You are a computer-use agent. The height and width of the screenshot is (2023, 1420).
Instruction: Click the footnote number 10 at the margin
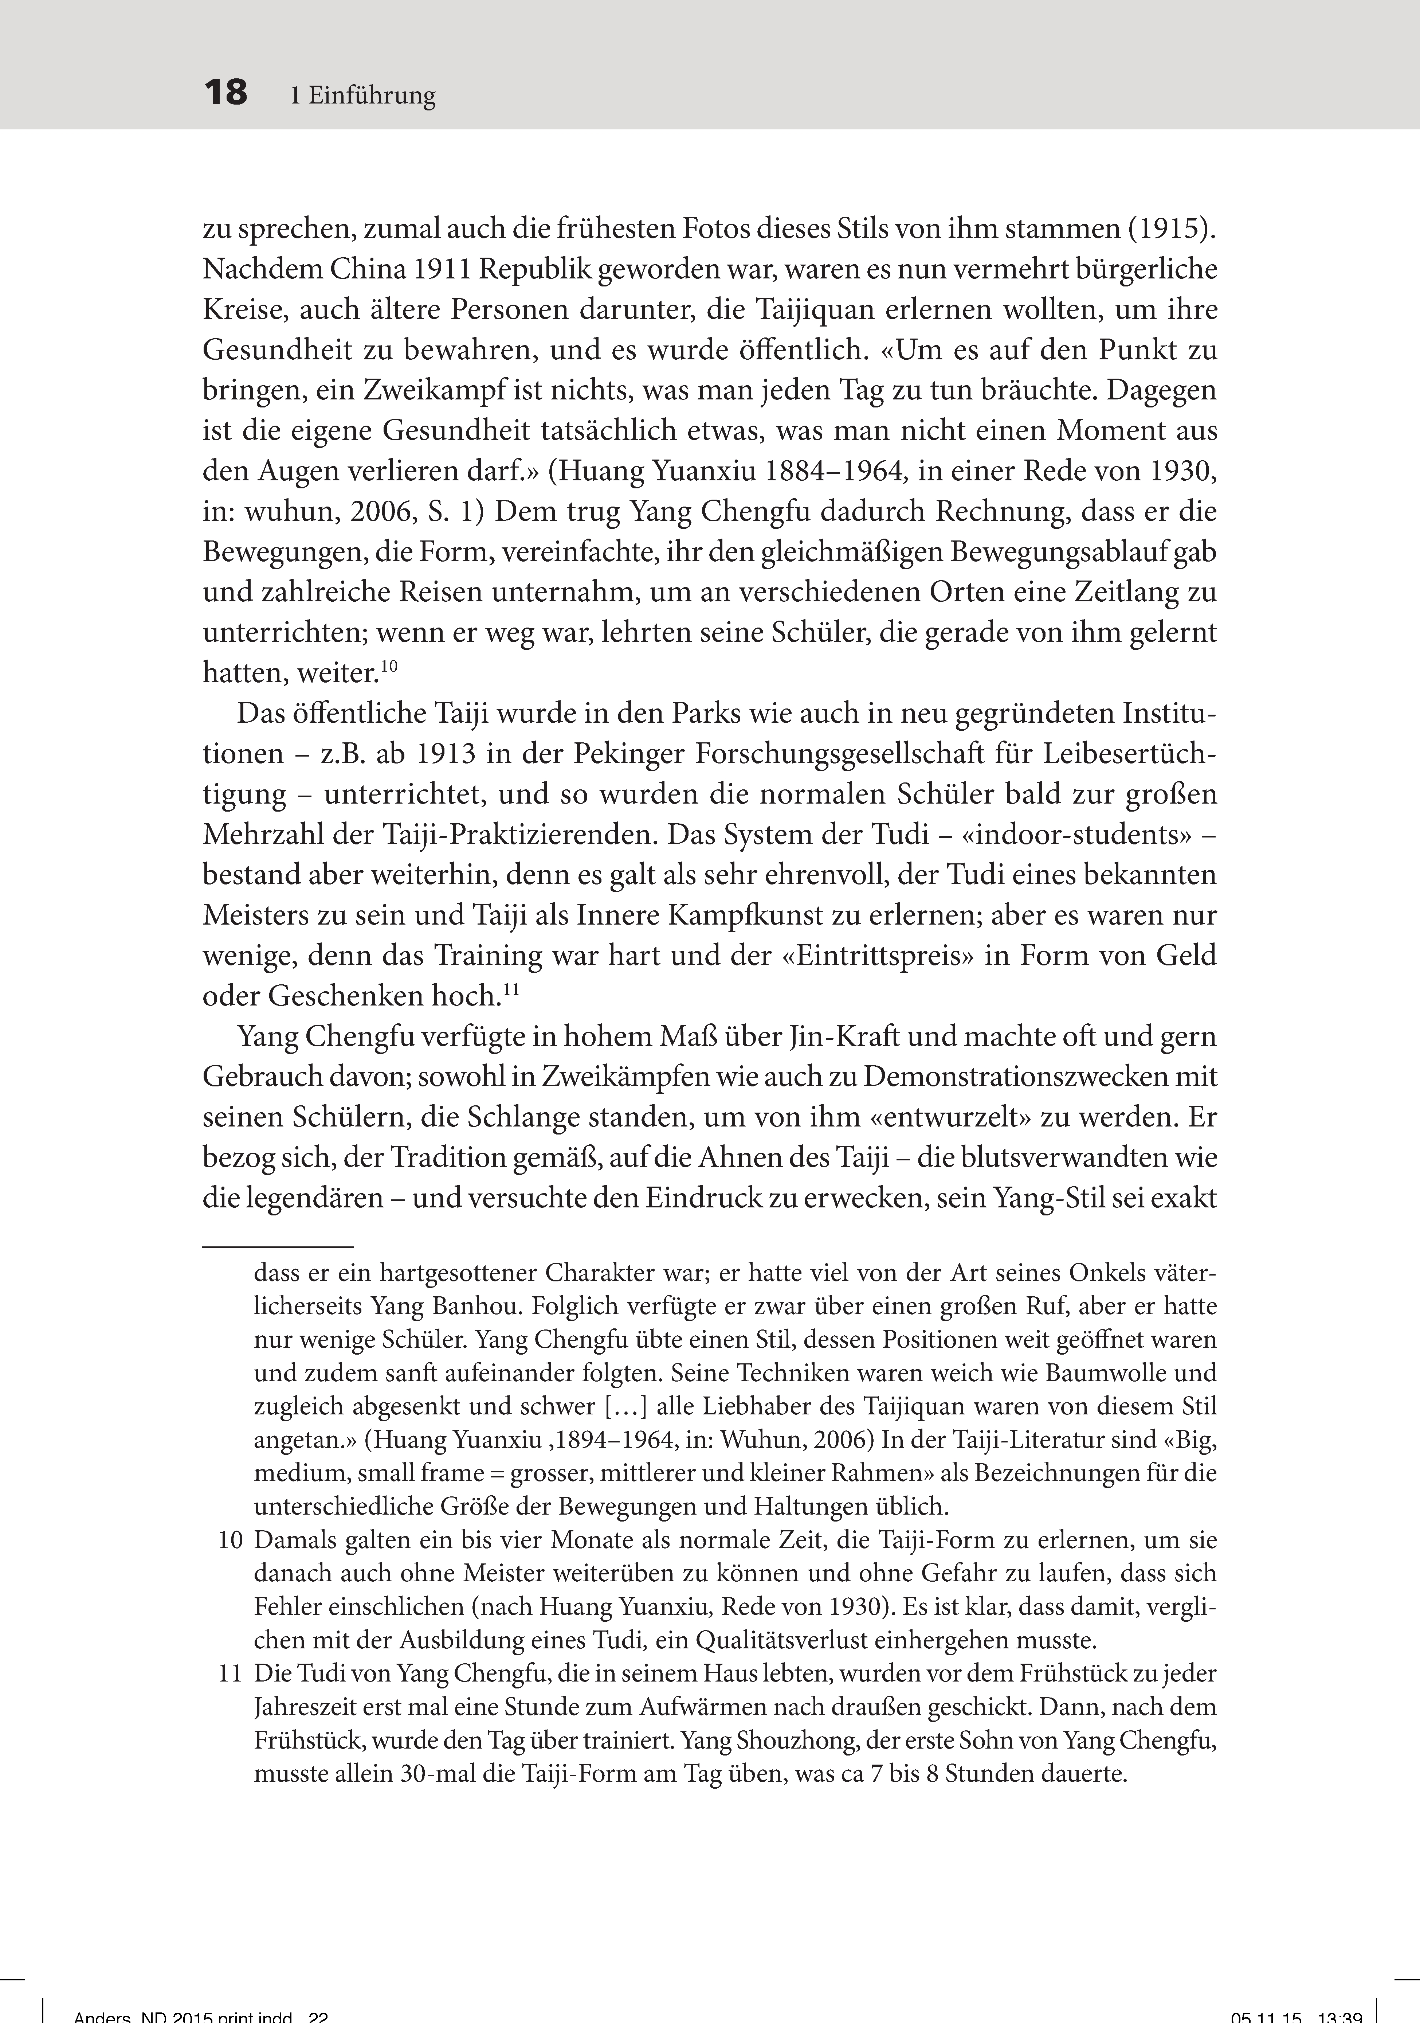click(230, 1541)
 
